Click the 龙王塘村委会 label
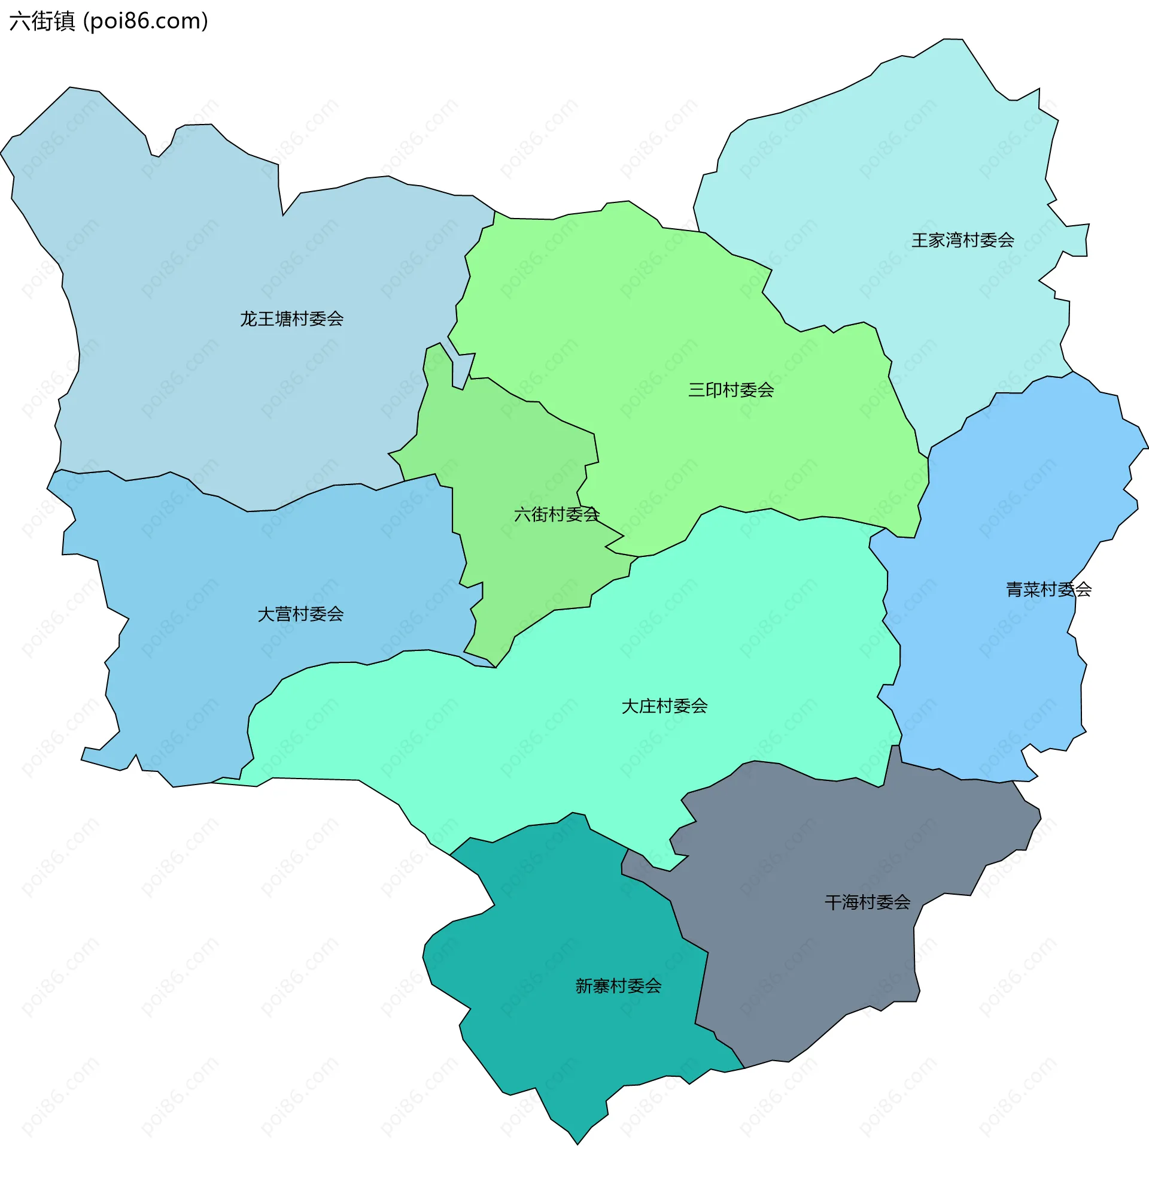click(291, 319)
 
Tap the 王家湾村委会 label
click(962, 240)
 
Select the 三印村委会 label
click(731, 390)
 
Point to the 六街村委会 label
click(556, 514)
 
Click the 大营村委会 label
click(300, 614)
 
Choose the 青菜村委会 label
click(1048, 589)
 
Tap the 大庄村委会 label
click(664, 706)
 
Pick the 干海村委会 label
click(867, 903)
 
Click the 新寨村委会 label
click(618, 986)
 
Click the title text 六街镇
click(42, 21)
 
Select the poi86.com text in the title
click(145, 21)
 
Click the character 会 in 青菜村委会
click(1083, 589)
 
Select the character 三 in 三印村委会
click(697, 390)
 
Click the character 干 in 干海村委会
click(833, 903)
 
